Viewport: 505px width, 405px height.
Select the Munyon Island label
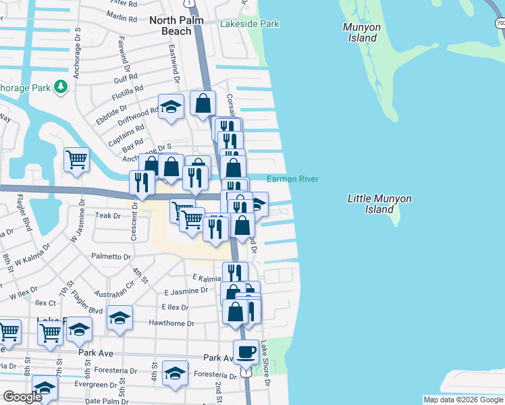(x=362, y=32)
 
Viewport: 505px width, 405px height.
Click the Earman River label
(x=292, y=179)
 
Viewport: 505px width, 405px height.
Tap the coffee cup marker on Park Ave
(x=246, y=351)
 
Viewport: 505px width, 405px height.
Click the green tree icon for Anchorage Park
(x=61, y=86)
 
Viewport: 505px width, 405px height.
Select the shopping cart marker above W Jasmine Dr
(x=77, y=160)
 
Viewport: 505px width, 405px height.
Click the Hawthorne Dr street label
(x=172, y=323)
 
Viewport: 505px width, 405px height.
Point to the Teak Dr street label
(x=107, y=215)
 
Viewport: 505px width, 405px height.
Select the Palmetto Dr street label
(x=111, y=256)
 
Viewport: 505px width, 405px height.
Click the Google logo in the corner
(x=22, y=397)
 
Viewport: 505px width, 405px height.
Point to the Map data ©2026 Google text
(x=462, y=400)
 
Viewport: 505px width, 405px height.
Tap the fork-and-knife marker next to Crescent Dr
(x=142, y=181)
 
